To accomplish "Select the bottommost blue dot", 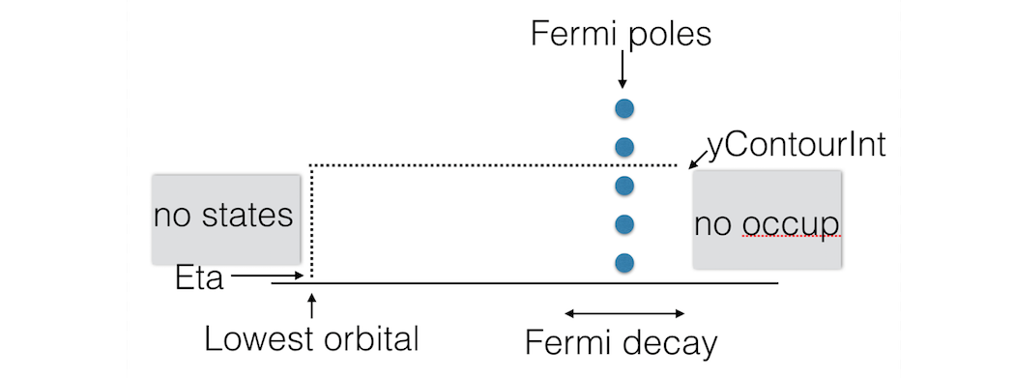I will tap(624, 261).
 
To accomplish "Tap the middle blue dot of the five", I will tap(624, 185).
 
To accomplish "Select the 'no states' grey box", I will tap(224, 218).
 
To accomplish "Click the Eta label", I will tap(199, 279).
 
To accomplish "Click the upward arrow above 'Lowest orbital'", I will tap(310, 308).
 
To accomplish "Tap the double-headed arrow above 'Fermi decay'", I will tap(624, 313).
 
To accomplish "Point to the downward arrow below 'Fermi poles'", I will tap(623, 69).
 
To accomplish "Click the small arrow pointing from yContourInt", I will tap(698, 158).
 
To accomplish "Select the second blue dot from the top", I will tap(624, 147).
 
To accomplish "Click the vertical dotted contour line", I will tap(310, 222).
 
